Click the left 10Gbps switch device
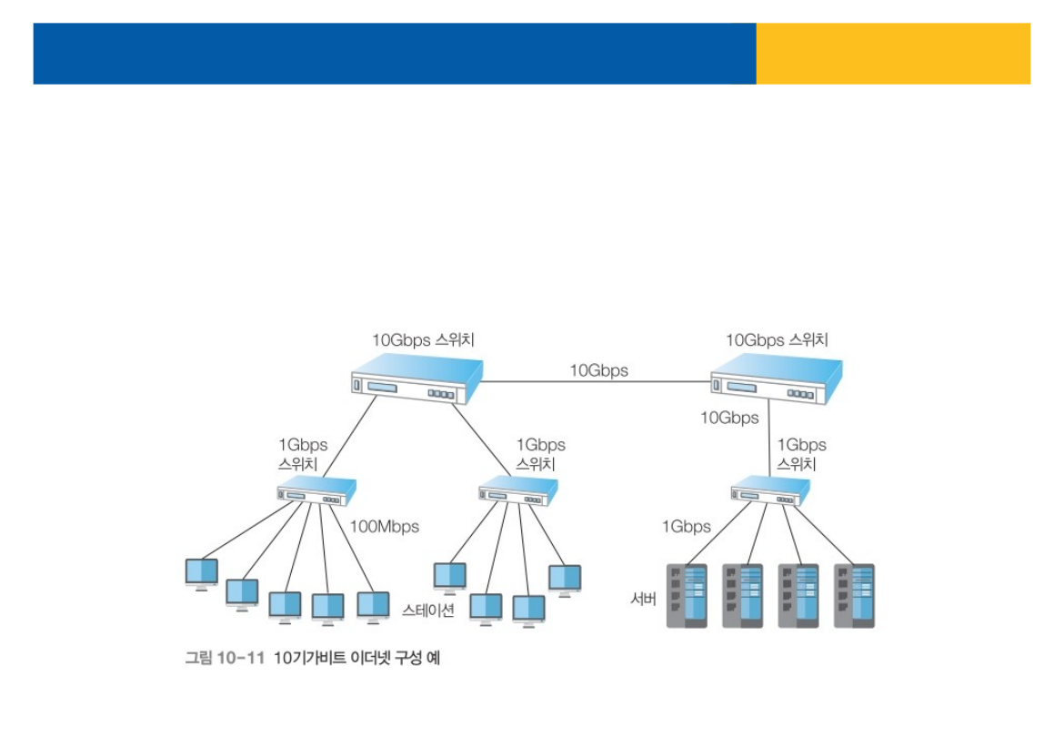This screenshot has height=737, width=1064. coord(417,379)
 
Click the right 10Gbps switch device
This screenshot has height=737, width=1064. coord(776,380)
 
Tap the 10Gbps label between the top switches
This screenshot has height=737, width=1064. coord(598,370)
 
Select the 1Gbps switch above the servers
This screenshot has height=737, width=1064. coord(770,492)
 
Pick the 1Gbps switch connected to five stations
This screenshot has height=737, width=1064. coord(316,492)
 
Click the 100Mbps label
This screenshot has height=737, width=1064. coord(385,526)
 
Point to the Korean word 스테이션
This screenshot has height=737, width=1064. coord(427,610)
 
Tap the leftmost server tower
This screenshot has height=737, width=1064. coord(688,596)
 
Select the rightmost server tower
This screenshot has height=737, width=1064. coord(855,596)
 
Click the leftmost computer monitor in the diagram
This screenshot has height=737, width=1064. coord(202,572)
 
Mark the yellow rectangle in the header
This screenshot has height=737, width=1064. coord(893,54)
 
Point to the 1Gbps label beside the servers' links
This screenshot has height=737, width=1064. coord(686,526)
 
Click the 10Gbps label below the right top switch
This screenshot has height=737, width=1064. coord(729,418)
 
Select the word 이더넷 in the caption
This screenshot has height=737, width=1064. coord(373,658)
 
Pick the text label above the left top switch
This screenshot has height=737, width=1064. coord(423,340)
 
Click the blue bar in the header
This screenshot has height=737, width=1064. coord(394,54)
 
